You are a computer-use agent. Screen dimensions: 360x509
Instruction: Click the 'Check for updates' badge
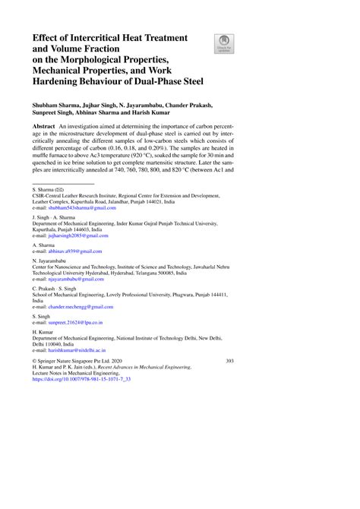coord(225,43)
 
